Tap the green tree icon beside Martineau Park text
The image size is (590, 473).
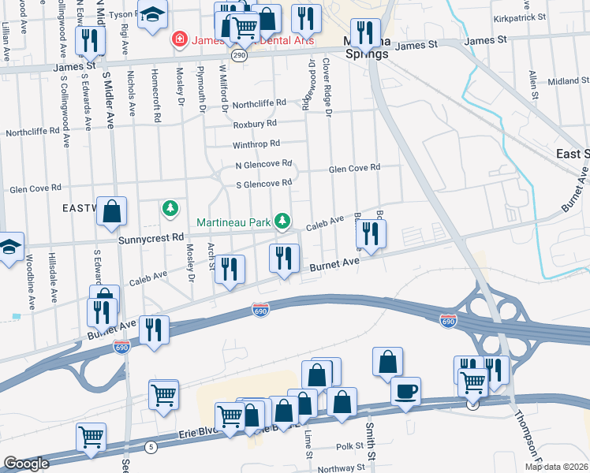coord(281,221)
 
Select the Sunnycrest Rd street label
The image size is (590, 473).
coord(151,236)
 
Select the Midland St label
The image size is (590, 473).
coord(563,81)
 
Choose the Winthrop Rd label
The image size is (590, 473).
coord(256,144)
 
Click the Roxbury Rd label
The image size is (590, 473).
coord(254,124)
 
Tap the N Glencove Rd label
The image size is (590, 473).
coord(263,165)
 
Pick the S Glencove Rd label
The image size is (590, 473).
coord(264,184)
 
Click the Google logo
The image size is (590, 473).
coord(26,464)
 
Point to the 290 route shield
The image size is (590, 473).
coord(240,56)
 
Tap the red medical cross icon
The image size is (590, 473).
coord(180,39)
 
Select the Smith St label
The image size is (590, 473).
coord(369,432)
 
